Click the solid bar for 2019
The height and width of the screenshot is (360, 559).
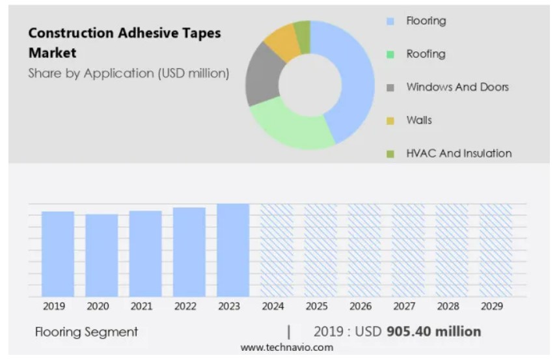[58, 254]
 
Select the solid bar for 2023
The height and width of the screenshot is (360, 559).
[233, 250]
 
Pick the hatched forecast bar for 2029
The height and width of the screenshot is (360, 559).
[496, 250]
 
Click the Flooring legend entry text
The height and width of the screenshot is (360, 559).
[426, 21]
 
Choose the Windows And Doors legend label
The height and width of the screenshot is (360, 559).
[457, 87]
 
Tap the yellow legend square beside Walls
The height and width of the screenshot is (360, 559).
[390, 120]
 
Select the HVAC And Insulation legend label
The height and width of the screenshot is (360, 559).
[459, 154]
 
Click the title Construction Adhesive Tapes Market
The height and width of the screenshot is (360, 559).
[124, 42]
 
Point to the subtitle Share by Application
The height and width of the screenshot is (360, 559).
[129, 73]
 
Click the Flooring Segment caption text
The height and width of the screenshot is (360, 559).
[87, 332]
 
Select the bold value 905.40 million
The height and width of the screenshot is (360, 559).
[433, 331]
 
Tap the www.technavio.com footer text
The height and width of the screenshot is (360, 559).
[286, 348]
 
